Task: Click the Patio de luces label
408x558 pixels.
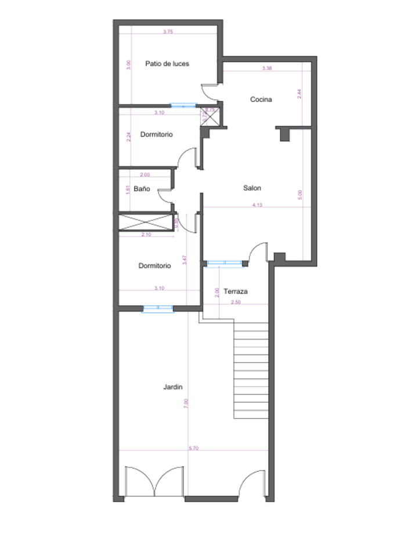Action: click(167, 63)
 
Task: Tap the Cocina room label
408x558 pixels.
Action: click(261, 99)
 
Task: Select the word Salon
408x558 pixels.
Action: click(252, 188)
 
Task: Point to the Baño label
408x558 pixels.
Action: click(142, 189)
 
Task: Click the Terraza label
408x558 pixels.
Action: click(236, 291)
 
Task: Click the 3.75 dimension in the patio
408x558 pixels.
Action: click(168, 32)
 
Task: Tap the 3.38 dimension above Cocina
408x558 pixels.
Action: click(267, 69)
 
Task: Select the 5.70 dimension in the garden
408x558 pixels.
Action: click(194, 448)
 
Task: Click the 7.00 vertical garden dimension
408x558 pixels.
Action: click(186, 402)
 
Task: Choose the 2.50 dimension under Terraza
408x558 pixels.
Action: click(236, 302)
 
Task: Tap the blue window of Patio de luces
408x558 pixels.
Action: click(183, 105)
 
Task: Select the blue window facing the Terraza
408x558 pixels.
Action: click(224, 263)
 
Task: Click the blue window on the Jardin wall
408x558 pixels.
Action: click(158, 309)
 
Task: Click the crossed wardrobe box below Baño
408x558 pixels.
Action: click(146, 223)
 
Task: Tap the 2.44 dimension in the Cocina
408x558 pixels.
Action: click(299, 94)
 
